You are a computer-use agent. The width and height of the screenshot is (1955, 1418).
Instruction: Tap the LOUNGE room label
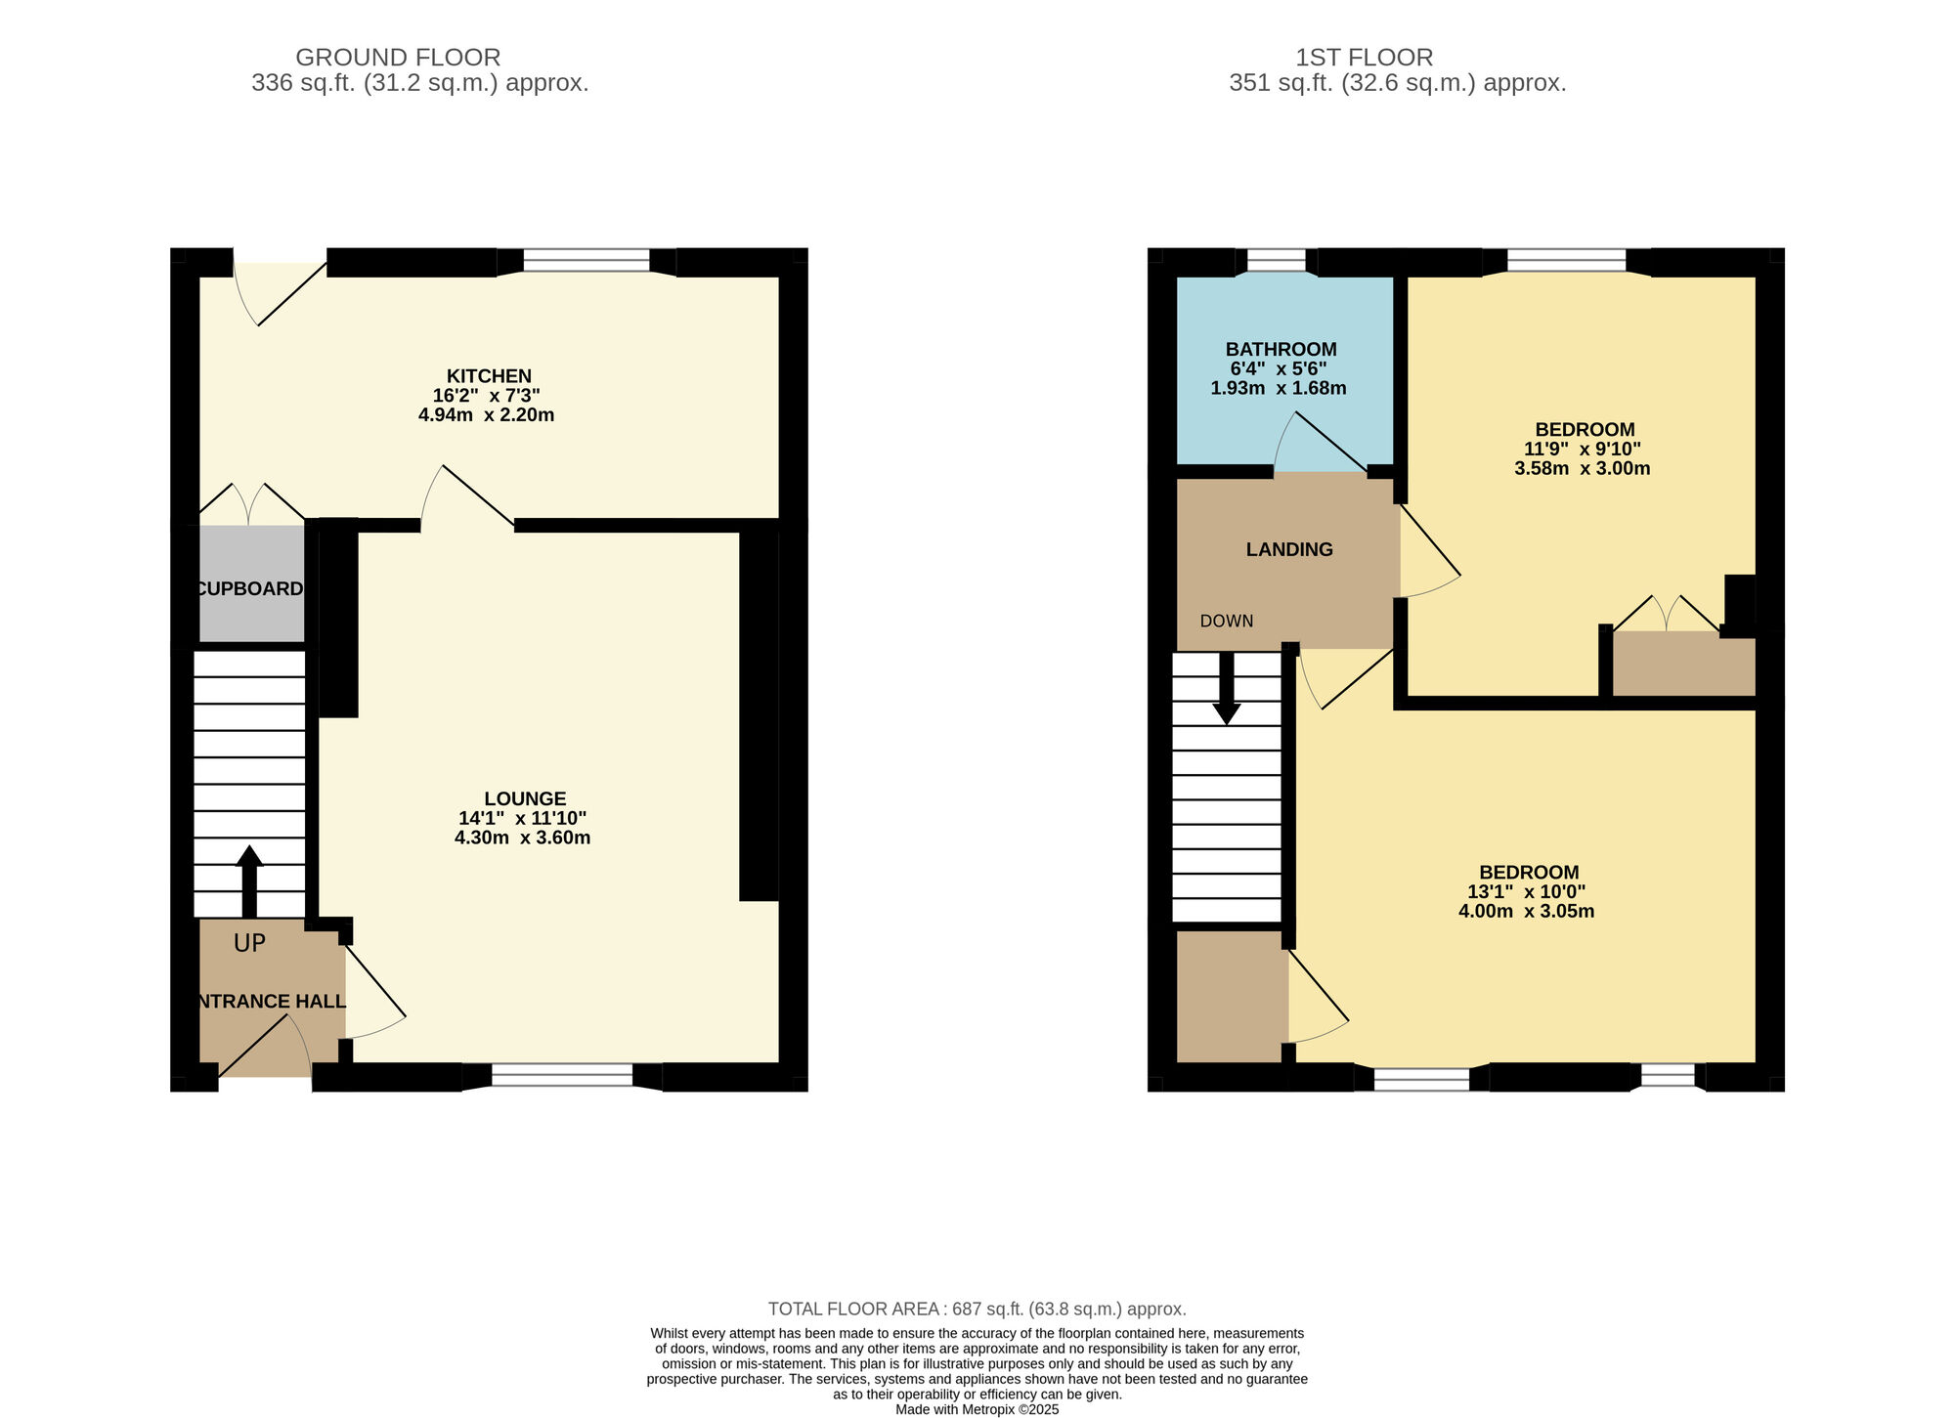click(525, 798)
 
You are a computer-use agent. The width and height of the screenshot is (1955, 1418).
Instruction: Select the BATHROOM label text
click(1282, 349)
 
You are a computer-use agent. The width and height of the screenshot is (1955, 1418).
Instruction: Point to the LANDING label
click(1289, 549)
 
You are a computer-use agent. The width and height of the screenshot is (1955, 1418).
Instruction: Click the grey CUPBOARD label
click(250, 588)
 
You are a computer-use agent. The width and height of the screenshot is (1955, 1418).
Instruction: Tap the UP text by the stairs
click(249, 943)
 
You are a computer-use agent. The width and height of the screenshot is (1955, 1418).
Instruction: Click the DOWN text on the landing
click(1227, 621)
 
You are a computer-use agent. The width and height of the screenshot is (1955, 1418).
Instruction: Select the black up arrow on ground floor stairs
click(249, 881)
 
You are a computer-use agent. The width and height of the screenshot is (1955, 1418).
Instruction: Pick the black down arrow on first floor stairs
click(1226, 688)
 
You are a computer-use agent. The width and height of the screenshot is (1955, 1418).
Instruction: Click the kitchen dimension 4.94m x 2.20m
click(486, 414)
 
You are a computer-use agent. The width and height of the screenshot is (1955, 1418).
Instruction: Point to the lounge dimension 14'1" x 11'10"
click(523, 818)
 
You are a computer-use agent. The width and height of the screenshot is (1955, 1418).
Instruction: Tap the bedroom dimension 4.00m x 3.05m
click(1527, 911)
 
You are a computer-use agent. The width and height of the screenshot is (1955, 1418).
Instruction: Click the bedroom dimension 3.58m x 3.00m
click(1583, 468)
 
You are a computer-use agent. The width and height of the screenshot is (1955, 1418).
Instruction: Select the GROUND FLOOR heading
click(398, 58)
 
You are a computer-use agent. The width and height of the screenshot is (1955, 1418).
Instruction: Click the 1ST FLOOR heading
click(1365, 58)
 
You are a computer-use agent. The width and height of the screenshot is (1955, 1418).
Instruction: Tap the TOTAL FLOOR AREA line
click(977, 1309)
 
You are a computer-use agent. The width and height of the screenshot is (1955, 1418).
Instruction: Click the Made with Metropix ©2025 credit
click(977, 1410)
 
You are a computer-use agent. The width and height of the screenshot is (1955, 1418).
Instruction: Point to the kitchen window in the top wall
click(586, 260)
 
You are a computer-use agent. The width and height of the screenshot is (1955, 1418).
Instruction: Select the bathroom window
click(1277, 260)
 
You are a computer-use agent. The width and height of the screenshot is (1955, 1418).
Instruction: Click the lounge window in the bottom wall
click(562, 1076)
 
